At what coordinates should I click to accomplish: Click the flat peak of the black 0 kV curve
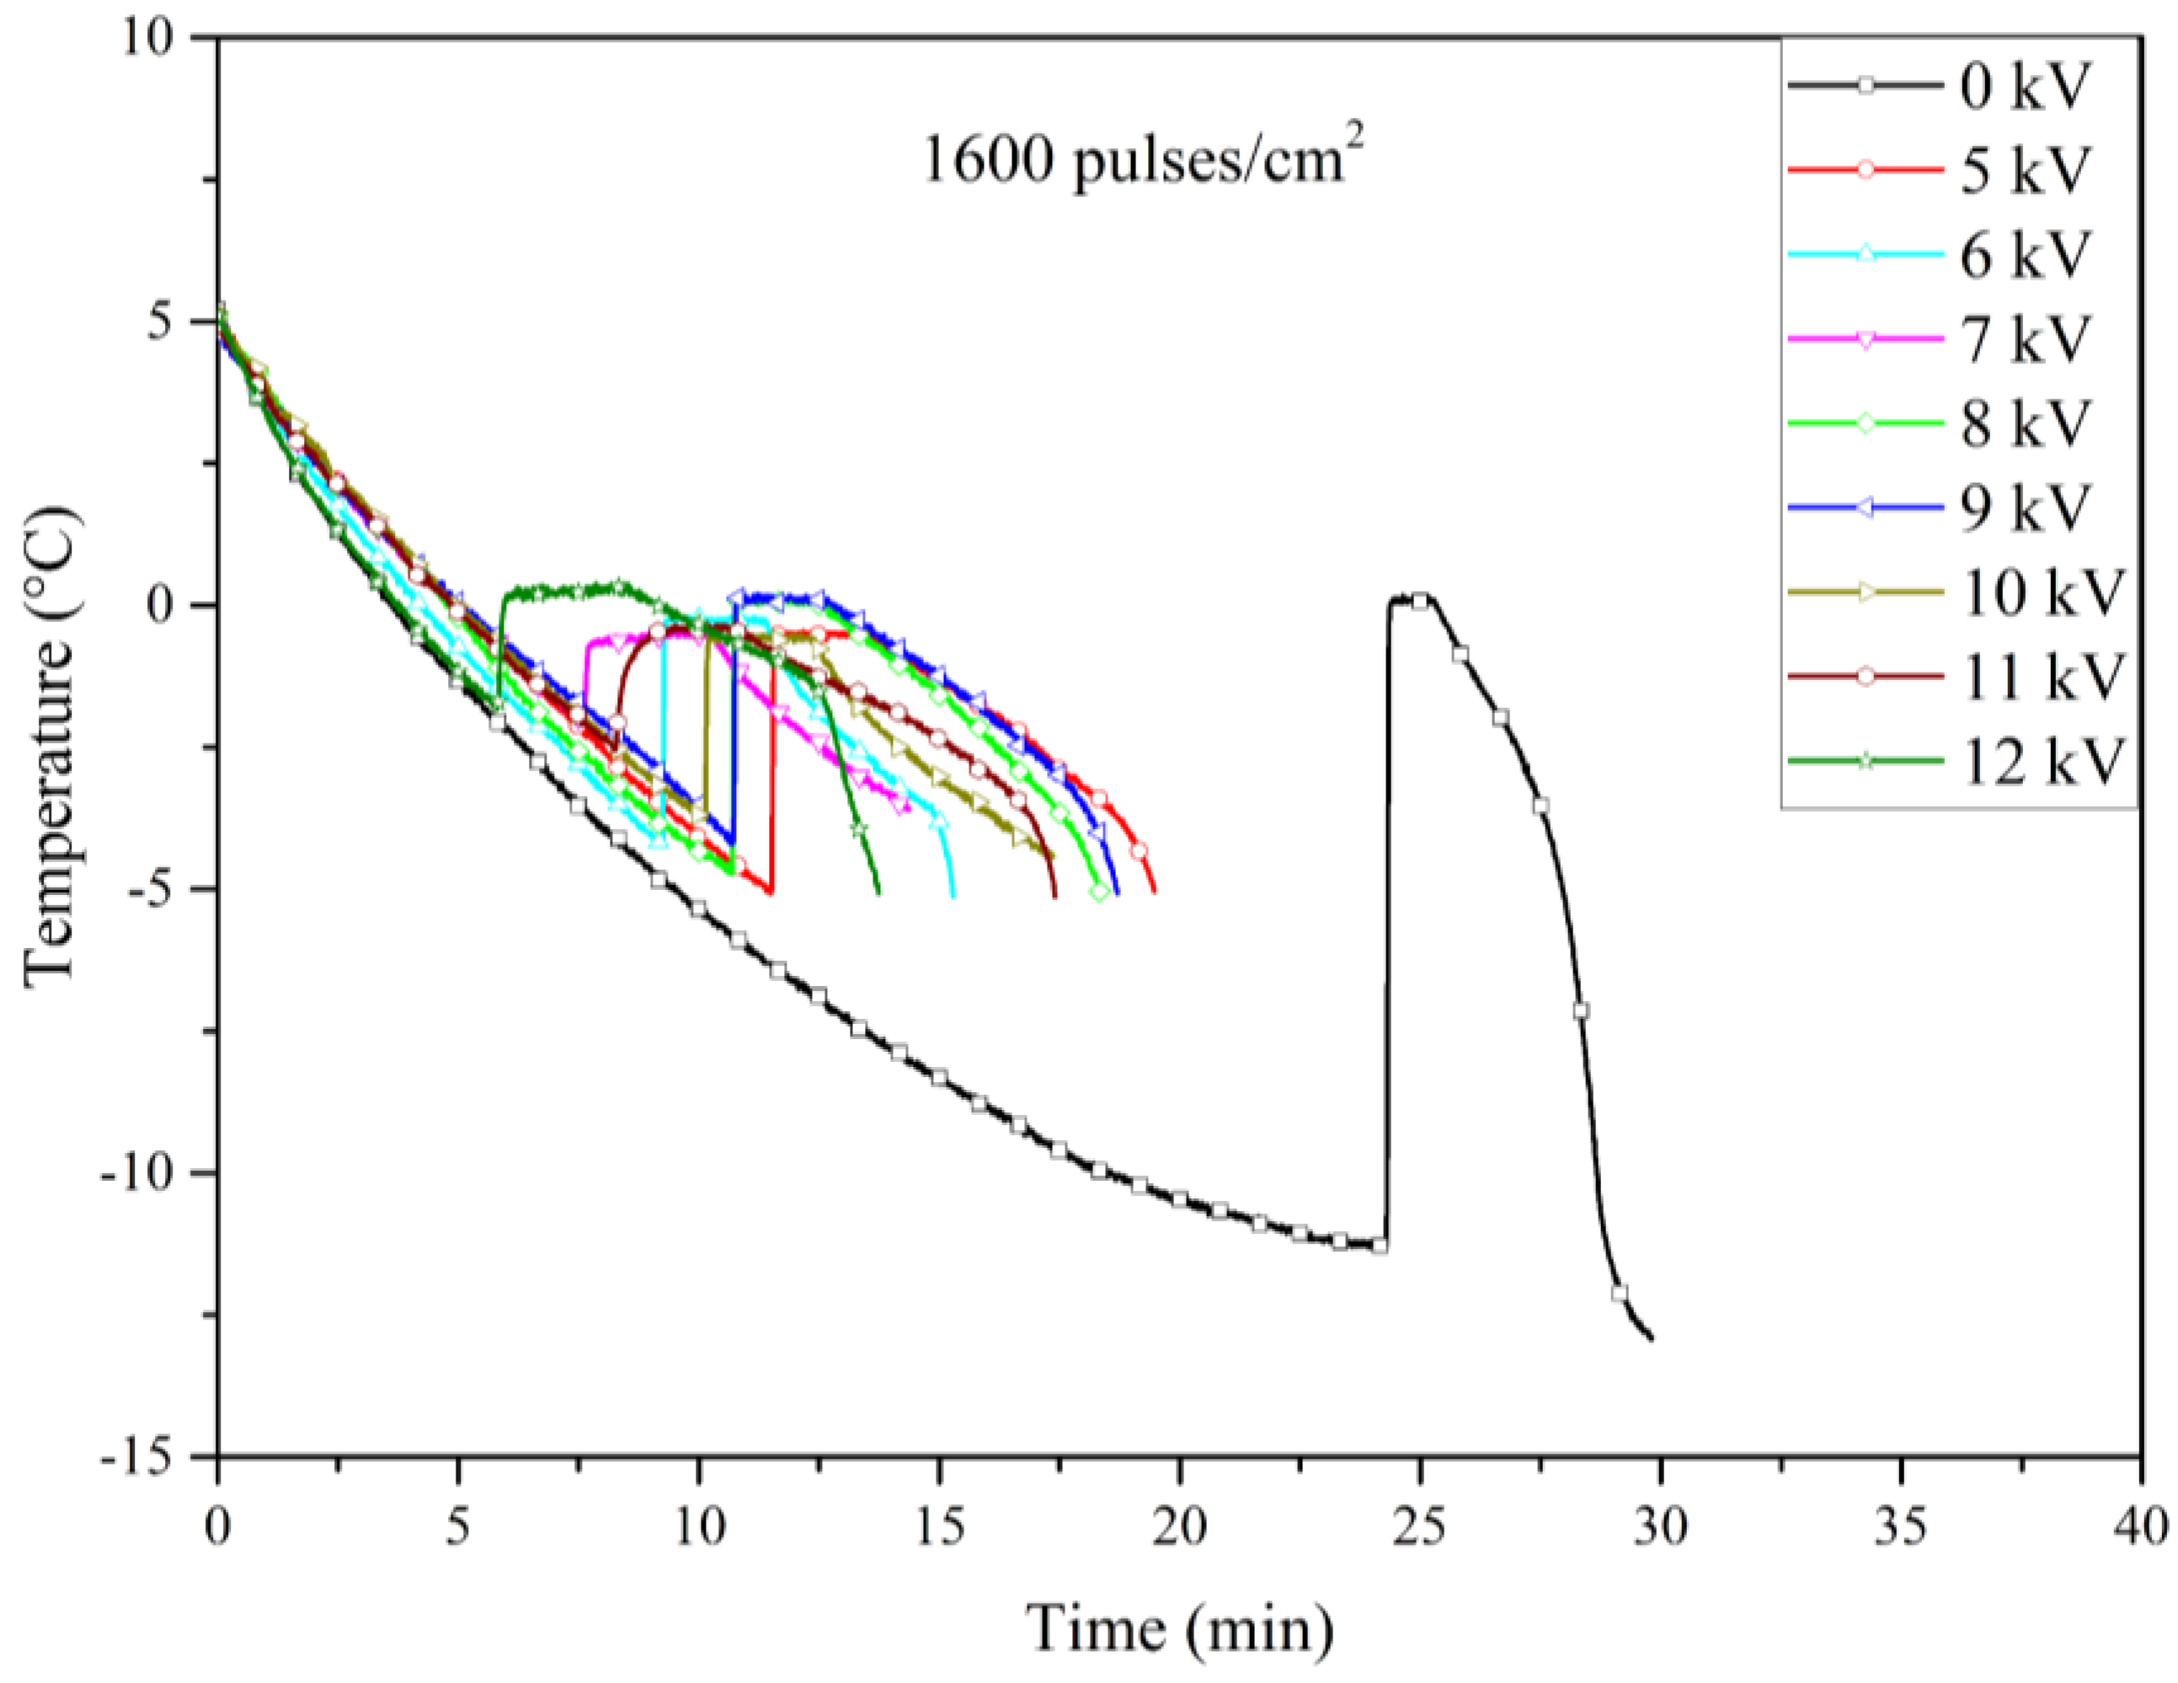point(1410,601)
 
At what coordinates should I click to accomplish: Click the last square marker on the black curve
point(1619,1293)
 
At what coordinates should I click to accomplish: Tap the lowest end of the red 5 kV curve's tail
point(1154,891)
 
